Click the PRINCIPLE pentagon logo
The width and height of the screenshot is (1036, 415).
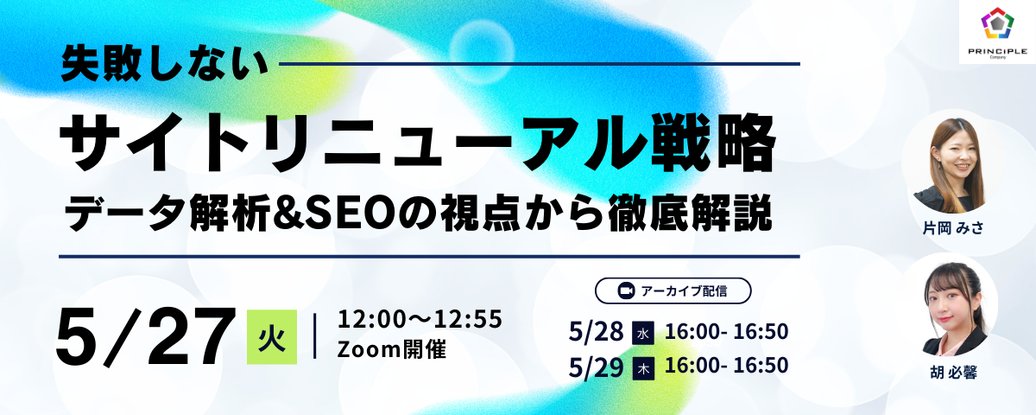[x=998, y=22]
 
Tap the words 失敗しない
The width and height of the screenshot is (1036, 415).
[x=165, y=64]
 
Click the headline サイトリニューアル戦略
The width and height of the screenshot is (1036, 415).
[x=418, y=144]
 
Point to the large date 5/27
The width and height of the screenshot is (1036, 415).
[x=145, y=337]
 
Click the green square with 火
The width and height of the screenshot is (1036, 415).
[x=272, y=336]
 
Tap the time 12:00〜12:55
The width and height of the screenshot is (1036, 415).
[x=420, y=320]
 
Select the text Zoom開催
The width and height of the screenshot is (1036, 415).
[x=392, y=349]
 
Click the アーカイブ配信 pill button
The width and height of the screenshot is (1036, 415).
[x=673, y=290]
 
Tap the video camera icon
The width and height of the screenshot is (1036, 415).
[x=626, y=290]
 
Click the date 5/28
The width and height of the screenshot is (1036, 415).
[x=596, y=332]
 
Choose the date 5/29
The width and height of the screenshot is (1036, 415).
[x=596, y=367]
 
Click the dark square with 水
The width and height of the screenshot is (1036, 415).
[x=643, y=334]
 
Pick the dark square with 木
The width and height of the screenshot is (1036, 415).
[x=643, y=369]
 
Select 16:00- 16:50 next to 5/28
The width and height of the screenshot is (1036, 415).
[x=726, y=332]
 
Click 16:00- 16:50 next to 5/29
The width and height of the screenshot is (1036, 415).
[x=726, y=366]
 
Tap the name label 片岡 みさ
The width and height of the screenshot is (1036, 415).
[x=953, y=228]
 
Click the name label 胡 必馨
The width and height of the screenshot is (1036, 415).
[x=953, y=373]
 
